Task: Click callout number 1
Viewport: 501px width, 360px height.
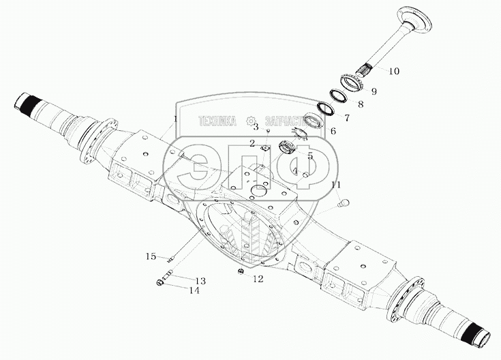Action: tap(175, 119)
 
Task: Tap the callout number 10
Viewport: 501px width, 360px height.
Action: tap(394, 71)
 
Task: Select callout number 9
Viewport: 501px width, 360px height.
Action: tap(374, 91)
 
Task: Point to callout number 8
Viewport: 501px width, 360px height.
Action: tap(361, 104)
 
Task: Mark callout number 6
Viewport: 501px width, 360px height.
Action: tap(333, 131)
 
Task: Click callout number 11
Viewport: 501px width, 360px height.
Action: tap(335, 185)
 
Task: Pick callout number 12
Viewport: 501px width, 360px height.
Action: tap(257, 278)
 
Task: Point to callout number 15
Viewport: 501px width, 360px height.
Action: tap(151, 256)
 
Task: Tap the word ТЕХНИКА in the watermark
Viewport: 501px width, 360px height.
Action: tap(217, 121)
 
